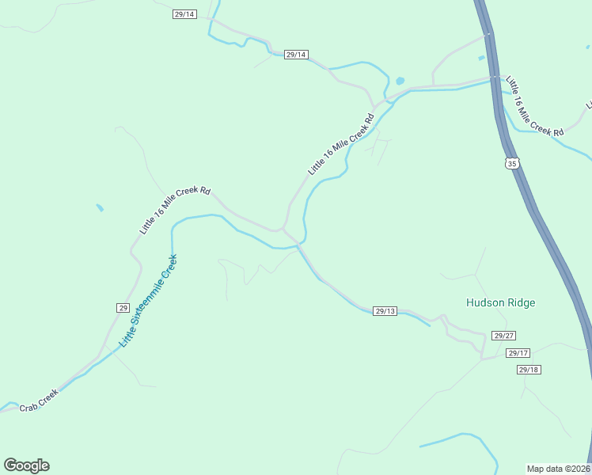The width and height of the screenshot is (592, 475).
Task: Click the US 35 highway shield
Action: [x=512, y=164]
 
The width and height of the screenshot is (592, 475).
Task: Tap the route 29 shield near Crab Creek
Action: [x=123, y=308]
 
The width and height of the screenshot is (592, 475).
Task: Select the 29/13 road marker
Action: [x=385, y=311]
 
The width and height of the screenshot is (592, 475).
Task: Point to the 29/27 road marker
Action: [x=503, y=336]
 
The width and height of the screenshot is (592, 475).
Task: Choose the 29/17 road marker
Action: [x=518, y=353]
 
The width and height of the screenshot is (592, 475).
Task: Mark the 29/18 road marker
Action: [x=529, y=370]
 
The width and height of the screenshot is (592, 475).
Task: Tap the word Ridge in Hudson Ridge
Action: [x=522, y=303]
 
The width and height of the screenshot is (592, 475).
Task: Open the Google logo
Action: [x=26, y=465]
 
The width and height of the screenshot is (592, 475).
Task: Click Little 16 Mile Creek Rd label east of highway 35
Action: [x=534, y=107]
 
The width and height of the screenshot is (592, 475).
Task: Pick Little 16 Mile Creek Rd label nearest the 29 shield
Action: [x=175, y=211]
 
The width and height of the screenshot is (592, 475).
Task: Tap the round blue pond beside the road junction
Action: [x=400, y=81]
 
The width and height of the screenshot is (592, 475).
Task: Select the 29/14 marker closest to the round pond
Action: [x=295, y=55]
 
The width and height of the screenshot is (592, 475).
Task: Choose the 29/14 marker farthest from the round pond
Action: [x=184, y=14]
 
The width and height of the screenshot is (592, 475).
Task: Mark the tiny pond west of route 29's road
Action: [x=100, y=208]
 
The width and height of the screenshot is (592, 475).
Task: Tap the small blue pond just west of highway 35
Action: [x=481, y=58]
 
